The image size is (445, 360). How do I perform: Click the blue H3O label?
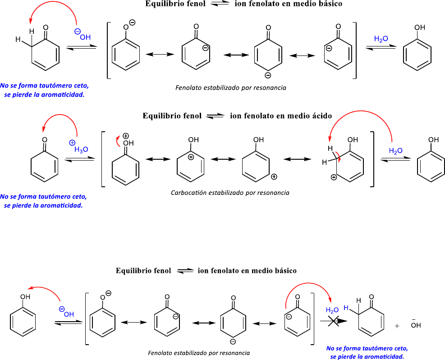click(82, 149)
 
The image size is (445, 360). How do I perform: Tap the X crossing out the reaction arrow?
click(333, 321)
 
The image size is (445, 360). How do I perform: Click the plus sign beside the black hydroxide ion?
click(397, 326)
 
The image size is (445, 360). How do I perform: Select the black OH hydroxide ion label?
click(415, 325)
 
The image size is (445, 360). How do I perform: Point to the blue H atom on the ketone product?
click(346, 308)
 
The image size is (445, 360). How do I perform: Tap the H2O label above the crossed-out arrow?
click(332, 310)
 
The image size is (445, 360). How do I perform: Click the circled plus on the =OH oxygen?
click(126, 135)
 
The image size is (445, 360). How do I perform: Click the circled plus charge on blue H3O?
click(72, 143)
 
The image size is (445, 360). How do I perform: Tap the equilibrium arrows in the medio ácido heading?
click(215, 116)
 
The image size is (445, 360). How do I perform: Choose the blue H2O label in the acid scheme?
click(396, 151)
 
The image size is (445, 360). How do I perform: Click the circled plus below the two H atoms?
click(334, 177)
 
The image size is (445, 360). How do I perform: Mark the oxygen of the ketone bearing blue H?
click(372, 297)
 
